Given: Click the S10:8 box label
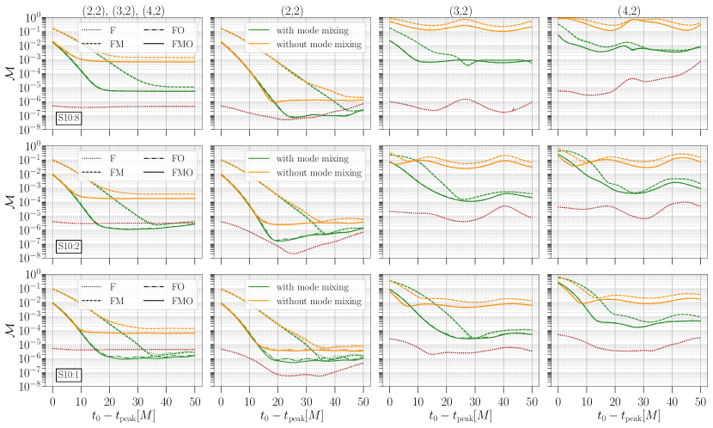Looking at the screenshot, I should [x=68, y=118].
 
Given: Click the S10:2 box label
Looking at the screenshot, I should [x=68, y=247].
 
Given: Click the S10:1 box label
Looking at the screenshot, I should [x=68, y=375].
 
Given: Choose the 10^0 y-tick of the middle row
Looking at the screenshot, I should [x=33, y=147].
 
